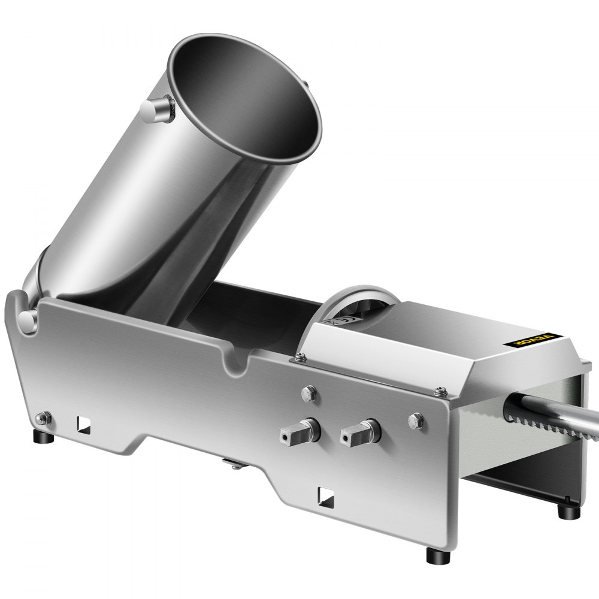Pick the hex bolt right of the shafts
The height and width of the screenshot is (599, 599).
point(416,420)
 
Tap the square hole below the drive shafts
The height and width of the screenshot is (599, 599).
point(325,495)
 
